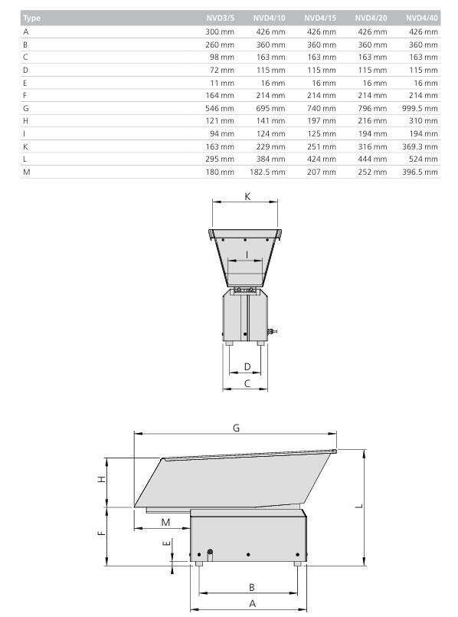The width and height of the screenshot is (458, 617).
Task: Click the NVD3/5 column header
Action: click(x=220, y=18)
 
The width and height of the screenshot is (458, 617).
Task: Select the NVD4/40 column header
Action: click(x=422, y=18)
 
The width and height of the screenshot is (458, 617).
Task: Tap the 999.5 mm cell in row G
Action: click(x=420, y=108)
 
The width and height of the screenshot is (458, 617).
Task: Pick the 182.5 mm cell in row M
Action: click(x=267, y=172)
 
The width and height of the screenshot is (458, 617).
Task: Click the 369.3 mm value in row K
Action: click(x=420, y=146)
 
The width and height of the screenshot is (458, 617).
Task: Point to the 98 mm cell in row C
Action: click(x=222, y=57)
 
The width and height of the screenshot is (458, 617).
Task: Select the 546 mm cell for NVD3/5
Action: click(x=220, y=108)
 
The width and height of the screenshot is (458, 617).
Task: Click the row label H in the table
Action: click(x=25, y=121)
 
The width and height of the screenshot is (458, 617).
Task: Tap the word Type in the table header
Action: click(x=31, y=18)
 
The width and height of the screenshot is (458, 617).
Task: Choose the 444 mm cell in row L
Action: click(x=372, y=159)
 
